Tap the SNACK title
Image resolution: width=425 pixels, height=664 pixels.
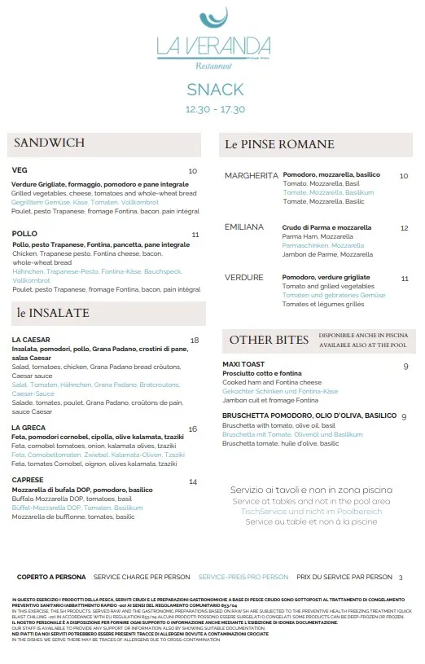(215, 90)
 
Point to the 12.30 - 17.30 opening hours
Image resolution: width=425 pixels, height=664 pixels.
(215, 108)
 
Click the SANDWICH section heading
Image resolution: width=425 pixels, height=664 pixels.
(50, 143)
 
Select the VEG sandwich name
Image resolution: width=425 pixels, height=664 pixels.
(20, 170)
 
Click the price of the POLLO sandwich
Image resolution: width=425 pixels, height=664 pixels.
(195, 235)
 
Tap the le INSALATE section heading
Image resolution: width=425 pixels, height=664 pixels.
(53, 313)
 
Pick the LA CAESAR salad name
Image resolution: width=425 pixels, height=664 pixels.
(32, 340)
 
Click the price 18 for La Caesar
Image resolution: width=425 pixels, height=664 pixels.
(195, 341)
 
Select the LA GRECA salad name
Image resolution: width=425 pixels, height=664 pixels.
(28, 429)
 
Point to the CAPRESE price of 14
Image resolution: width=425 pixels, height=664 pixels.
(193, 482)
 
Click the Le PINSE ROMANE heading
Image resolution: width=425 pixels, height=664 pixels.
(279, 145)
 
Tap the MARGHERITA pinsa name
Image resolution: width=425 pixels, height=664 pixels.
(252, 175)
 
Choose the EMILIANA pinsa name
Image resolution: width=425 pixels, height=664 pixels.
(244, 227)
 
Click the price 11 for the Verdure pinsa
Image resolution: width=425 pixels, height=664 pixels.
(405, 279)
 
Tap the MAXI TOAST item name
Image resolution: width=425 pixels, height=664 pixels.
(243, 364)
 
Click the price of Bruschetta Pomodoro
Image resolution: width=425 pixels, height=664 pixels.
(404, 417)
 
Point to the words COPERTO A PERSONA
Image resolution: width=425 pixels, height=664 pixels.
(52, 577)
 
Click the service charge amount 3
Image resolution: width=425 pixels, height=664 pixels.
(401, 578)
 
